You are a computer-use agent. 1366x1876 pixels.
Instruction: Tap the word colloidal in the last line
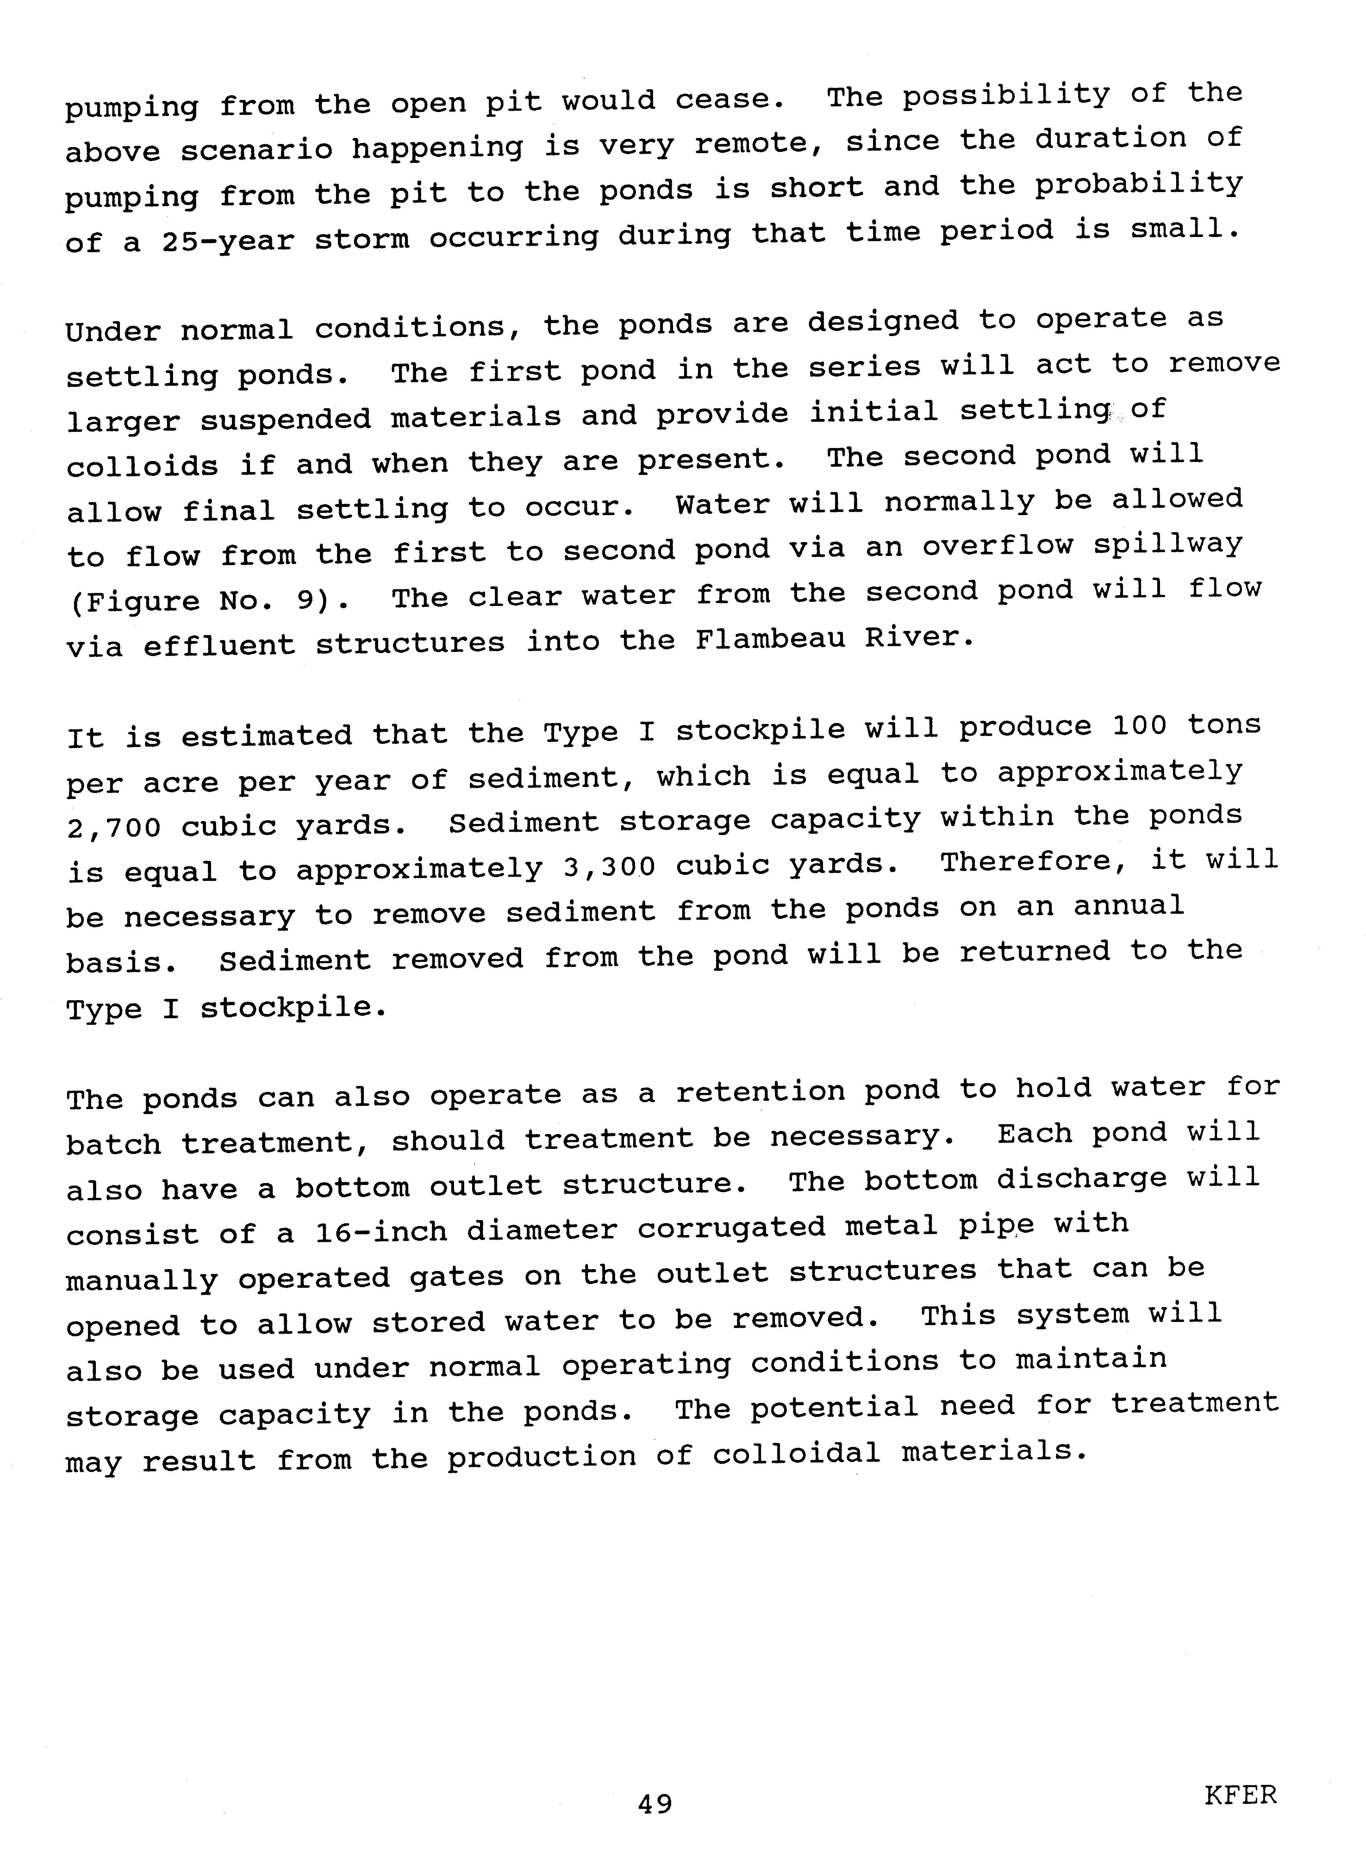coord(796,1453)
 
